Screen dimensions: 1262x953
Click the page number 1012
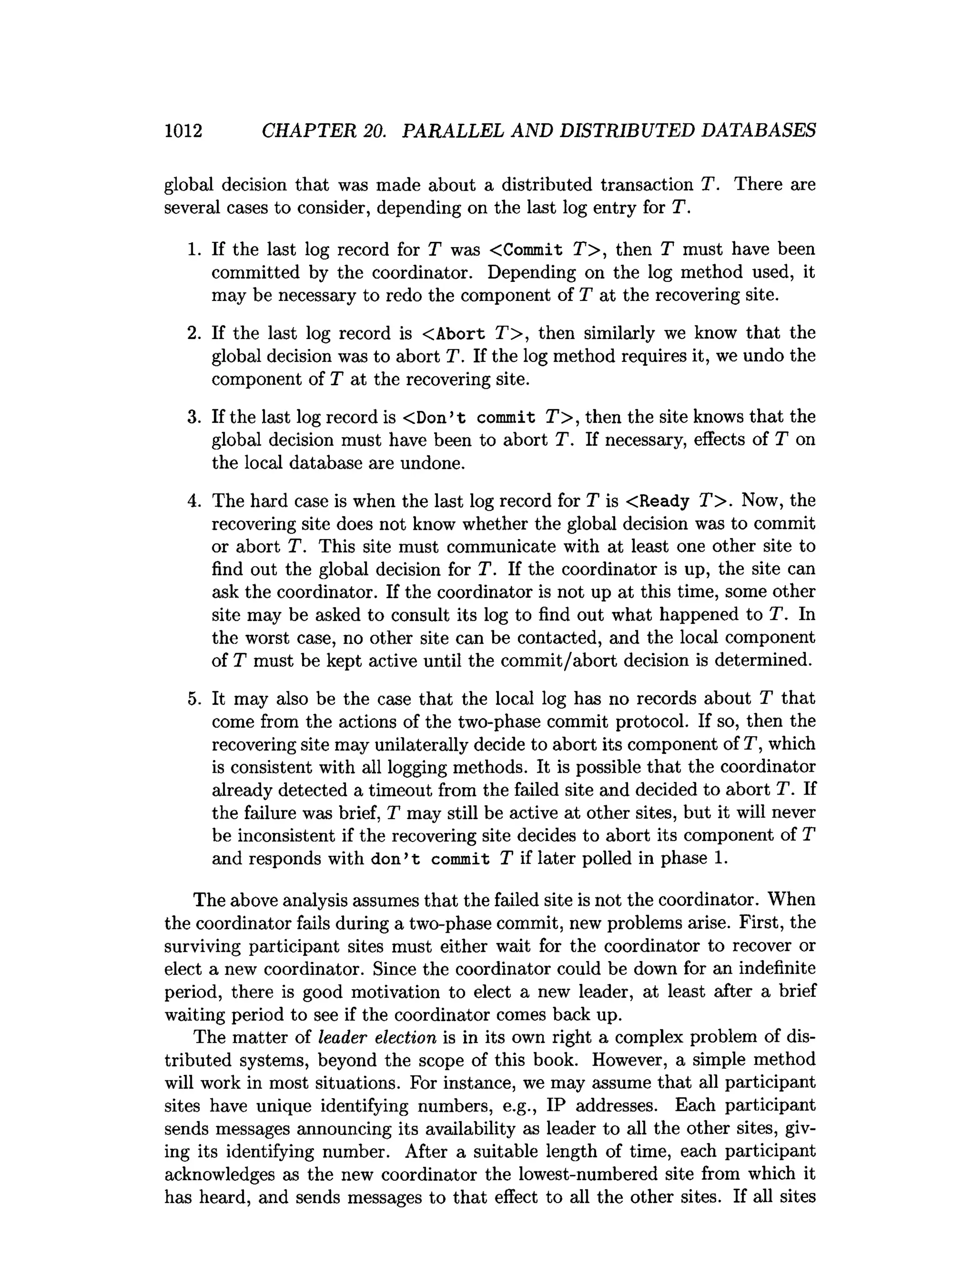point(183,131)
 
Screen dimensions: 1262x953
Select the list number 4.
point(194,501)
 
